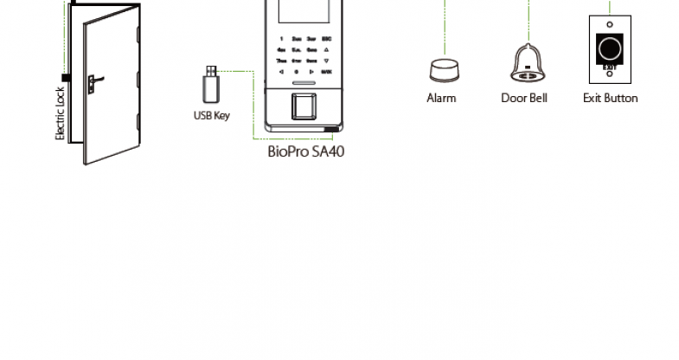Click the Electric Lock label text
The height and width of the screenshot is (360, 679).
[61, 113]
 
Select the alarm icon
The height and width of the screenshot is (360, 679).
[441, 68]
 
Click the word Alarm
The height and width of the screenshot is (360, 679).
[441, 99]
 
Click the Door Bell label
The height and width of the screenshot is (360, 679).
[524, 99]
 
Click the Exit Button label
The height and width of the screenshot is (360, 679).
[610, 99]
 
